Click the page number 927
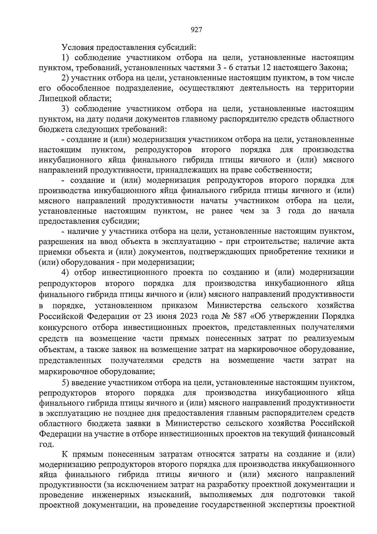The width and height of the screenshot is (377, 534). [196, 30]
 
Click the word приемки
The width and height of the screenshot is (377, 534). [52, 252]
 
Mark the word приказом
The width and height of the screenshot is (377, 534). [180, 306]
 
